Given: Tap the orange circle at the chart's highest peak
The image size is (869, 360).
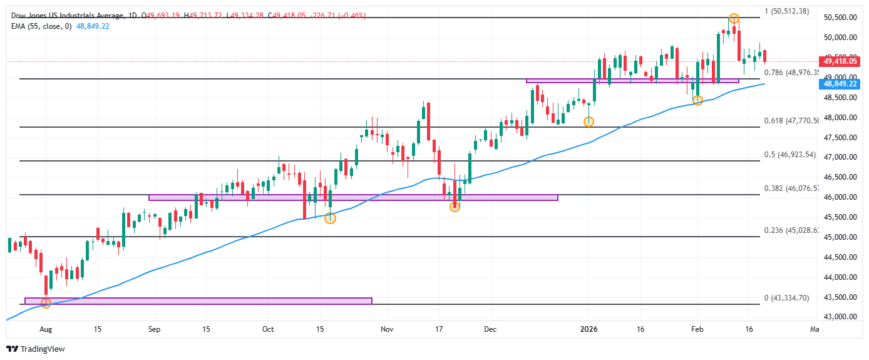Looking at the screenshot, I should coord(734,19).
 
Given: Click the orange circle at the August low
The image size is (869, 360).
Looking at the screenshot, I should coord(46,303).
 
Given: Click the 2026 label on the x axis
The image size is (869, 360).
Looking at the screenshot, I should coord(588,329).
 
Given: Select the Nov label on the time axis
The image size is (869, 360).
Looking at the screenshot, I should coord(387,329).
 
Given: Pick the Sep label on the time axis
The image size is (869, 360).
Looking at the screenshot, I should coord(155,329).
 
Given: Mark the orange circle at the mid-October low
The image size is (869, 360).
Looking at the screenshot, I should coord(330,218).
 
